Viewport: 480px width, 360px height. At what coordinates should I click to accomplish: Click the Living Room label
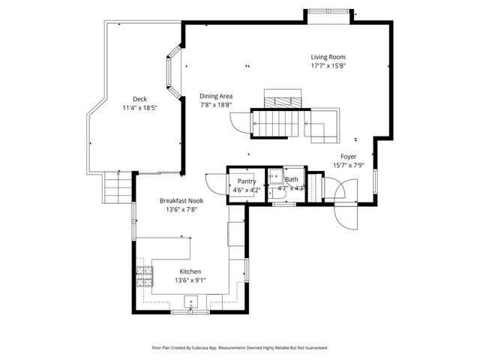(x=328, y=57)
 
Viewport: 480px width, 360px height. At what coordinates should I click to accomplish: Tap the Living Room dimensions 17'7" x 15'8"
(x=328, y=66)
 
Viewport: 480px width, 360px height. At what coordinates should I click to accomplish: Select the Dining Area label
(x=216, y=96)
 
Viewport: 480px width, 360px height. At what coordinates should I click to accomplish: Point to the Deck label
(x=139, y=99)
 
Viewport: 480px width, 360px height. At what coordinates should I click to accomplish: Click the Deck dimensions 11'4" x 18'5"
(x=139, y=108)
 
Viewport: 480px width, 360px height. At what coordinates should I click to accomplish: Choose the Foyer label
(x=348, y=157)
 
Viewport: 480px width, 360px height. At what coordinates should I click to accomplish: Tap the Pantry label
(x=247, y=181)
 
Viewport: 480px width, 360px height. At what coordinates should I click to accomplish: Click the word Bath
(x=292, y=180)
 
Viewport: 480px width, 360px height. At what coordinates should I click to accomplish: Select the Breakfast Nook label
(x=181, y=200)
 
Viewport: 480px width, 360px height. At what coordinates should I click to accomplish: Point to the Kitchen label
(x=190, y=271)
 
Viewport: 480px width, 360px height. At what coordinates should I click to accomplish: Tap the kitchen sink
(x=190, y=303)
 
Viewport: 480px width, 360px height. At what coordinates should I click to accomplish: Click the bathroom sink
(x=274, y=178)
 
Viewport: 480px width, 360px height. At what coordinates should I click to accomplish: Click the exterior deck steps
(x=117, y=186)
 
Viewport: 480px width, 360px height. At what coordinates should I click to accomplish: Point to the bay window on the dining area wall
(x=173, y=72)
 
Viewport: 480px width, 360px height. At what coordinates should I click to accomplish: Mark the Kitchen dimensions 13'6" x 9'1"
(x=190, y=280)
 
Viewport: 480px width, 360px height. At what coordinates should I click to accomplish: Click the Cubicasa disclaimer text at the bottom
(x=239, y=348)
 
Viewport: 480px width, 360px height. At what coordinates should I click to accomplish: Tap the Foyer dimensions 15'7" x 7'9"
(x=348, y=166)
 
